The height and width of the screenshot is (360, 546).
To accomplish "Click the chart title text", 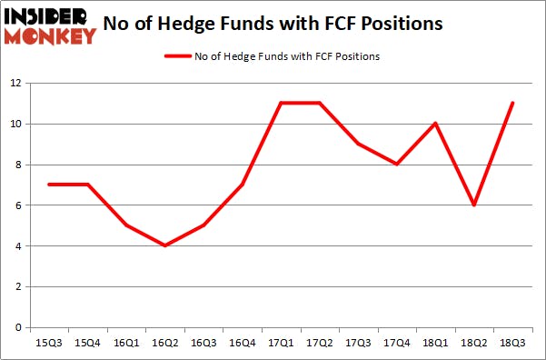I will click(x=273, y=24).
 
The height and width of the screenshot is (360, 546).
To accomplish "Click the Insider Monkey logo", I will click(x=49, y=25).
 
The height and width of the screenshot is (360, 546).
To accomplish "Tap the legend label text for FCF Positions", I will click(x=287, y=56).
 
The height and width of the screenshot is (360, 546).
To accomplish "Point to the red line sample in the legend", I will click(x=177, y=56).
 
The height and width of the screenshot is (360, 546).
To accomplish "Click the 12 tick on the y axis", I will click(x=16, y=83).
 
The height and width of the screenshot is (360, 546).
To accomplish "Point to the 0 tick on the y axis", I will click(x=19, y=327).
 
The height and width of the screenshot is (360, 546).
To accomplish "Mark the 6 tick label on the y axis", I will click(x=19, y=205).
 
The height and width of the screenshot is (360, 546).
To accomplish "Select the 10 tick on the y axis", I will click(x=16, y=124).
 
